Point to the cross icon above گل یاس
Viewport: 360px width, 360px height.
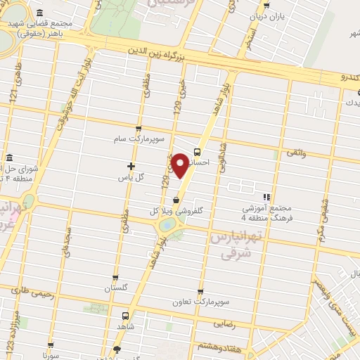[131, 166]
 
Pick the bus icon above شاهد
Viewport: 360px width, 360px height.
[125, 315]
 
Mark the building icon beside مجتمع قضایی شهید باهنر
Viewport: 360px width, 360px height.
[38, 14]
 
